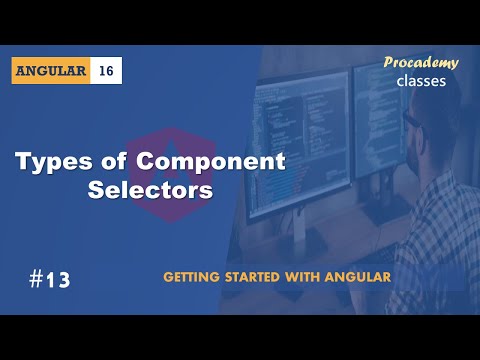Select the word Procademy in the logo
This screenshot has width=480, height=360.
coord(421,63)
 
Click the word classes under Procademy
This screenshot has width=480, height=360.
coord(421,81)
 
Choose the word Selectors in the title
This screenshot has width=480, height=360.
coord(151,190)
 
